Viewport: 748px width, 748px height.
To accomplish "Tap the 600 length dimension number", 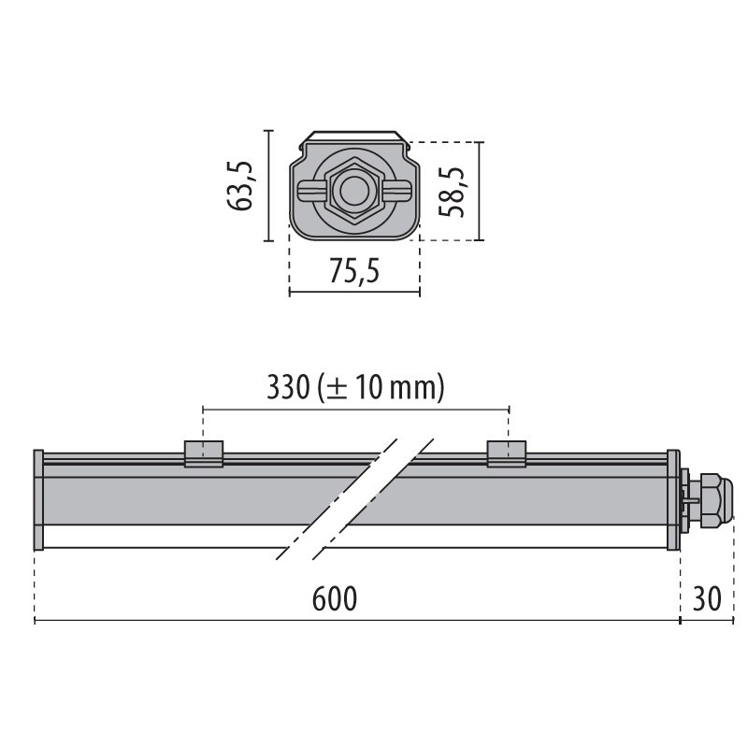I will point(334,598).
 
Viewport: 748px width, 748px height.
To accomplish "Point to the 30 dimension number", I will point(708,598).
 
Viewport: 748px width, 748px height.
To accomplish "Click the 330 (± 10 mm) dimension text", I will point(354,387).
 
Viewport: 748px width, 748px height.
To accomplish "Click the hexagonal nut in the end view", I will point(354,191).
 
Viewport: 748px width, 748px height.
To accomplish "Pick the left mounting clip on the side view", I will point(203,453).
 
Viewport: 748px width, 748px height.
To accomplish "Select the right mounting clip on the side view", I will point(506,453).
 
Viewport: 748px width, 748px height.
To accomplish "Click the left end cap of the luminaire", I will point(38,500).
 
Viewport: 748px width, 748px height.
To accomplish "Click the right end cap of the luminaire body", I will point(673,500).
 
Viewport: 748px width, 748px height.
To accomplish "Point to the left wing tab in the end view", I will point(309,191).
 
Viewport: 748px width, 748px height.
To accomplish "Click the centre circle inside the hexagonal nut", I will point(354,192).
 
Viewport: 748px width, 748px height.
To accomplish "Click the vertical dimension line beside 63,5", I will point(269,185).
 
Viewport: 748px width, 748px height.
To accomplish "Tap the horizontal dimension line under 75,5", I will point(354,293).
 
